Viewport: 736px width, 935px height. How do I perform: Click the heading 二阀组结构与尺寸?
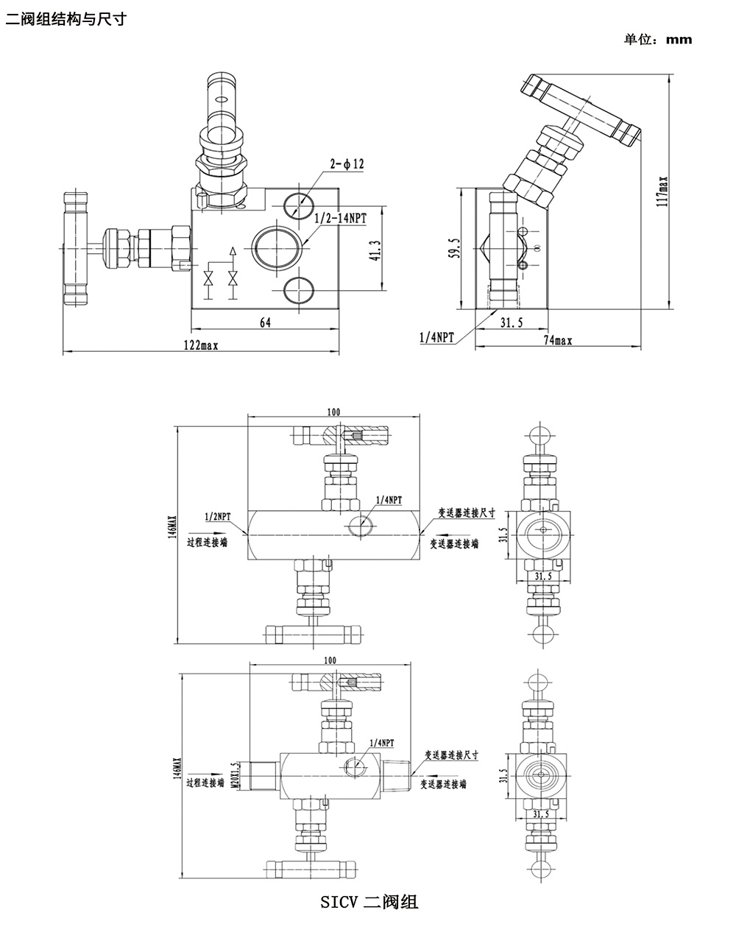coord(66,18)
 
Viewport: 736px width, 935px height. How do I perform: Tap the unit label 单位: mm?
coord(658,40)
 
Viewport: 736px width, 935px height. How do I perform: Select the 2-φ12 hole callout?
coord(347,165)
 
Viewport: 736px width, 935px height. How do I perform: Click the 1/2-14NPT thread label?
coord(340,219)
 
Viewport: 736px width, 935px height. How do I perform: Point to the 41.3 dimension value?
coord(375,250)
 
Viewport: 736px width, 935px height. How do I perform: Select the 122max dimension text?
coord(200,345)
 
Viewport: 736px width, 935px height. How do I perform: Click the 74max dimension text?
coord(559,340)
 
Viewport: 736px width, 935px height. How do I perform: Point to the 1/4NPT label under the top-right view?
coord(436,337)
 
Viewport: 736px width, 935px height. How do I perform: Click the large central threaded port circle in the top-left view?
coord(277,247)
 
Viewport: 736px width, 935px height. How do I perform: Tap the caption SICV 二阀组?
coord(369,901)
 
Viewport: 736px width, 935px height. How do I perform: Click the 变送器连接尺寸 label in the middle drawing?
coord(467,513)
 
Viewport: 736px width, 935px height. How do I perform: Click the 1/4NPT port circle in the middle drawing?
coord(361,525)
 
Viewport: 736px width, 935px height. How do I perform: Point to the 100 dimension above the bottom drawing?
coord(330,660)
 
